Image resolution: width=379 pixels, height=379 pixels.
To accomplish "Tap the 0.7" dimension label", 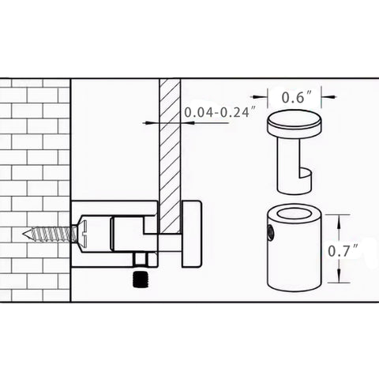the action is [343, 250].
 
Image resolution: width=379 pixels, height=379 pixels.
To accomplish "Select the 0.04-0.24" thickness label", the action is [220, 112].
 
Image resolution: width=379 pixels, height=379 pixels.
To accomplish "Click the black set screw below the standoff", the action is [141, 280].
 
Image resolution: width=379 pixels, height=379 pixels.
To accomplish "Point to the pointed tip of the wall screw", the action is [24, 234].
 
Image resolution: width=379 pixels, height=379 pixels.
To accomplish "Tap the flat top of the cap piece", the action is [295, 118].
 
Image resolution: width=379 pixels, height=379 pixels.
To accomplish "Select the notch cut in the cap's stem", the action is [306, 174].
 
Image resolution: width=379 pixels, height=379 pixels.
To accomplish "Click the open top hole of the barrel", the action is [295, 213].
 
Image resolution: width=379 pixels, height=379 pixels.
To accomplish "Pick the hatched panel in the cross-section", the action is [170, 156].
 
